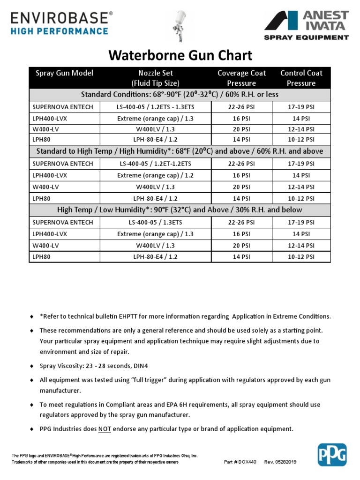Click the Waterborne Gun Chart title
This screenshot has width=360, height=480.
coord(180,55)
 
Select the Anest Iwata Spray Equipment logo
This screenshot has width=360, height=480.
coord(307,25)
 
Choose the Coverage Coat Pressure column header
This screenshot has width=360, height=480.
coord(241,78)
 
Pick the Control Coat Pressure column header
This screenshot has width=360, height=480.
coord(301,78)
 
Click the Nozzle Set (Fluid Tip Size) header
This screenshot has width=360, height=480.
coord(155,78)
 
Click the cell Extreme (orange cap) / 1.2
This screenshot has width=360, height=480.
coord(155,175)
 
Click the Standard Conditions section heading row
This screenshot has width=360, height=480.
coord(180,95)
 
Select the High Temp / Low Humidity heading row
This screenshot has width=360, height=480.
coord(180,210)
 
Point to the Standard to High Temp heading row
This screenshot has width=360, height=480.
coord(180,151)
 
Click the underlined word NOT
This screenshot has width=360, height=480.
coord(105,429)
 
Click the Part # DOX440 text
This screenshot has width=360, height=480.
coord(240,462)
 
